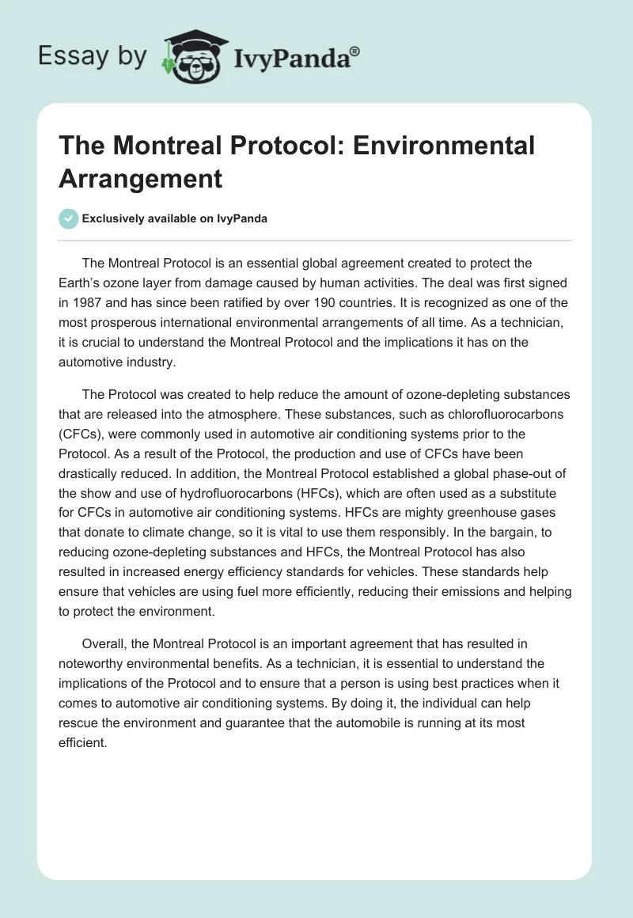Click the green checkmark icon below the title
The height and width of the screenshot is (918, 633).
pos(69,218)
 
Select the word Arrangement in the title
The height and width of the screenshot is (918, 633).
pos(140,178)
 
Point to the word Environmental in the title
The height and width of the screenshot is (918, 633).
pos(446,146)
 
